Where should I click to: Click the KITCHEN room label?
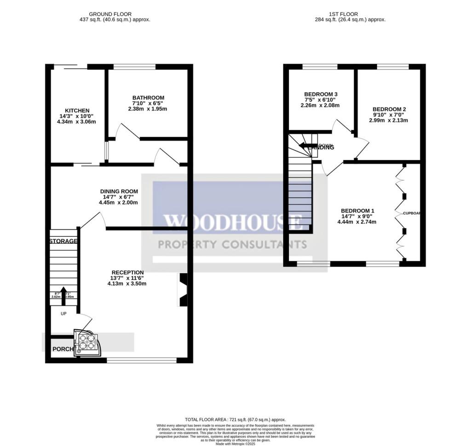click(x=77, y=111)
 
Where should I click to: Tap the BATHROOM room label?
click(x=148, y=97)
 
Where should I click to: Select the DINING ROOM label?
click(x=119, y=191)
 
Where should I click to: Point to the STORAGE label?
click(x=63, y=241)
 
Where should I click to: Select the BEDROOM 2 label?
click(x=389, y=109)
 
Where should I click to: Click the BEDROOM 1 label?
click(x=359, y=211)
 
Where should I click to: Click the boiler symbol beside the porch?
click(x=87, y=343)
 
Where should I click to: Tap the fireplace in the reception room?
click(x=183, y=290)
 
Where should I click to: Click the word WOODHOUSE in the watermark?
click(x=233, y=223)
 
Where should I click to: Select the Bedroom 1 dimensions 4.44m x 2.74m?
click(x=359, y=222)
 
